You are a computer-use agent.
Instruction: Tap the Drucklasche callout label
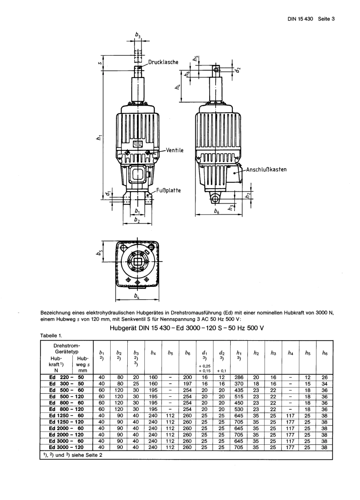pyautogui.click(x=163, y=62)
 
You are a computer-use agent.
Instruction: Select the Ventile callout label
pyautogui.click(x=175, y=150)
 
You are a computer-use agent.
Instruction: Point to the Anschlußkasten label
pyautogui.click(x=266, y=169)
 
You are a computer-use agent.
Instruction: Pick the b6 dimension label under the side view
pyautogui.click(x=216, y=212)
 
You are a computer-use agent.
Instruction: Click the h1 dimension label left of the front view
pyautogui.click(x=99, y=138)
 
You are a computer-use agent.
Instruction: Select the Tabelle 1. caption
pyautogui.click(x=50, y=336)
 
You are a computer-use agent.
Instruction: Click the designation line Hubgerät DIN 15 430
pyautogui.click(x=186, y=328)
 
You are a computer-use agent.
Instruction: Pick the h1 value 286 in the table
pyautogui.click(x=239, y=377)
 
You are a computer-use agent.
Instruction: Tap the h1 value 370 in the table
pyautogui.click(x=239, y=384)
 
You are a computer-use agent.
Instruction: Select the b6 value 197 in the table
pyautogui.click(x=187, y=384)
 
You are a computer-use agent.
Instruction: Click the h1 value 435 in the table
pyautogui.click(x=239, y=390)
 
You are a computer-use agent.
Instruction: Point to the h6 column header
pyautogui.click(x=324, y=353)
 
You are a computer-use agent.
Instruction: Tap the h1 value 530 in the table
pyautogui.click(x=239, y=409)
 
